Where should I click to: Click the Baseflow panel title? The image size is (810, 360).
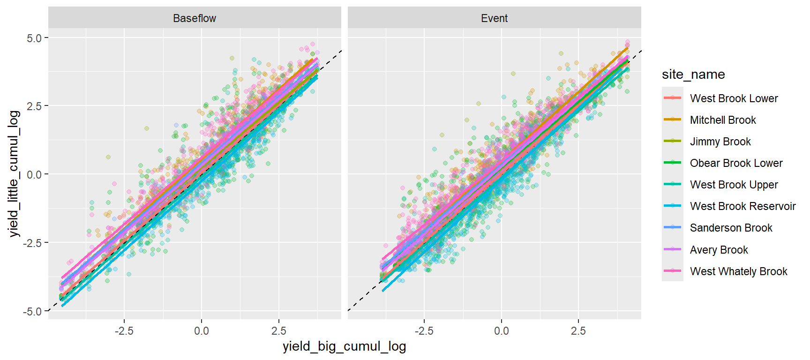(x=195, y=18)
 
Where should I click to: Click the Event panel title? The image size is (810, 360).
(x=494, y=18)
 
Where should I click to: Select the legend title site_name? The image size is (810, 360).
(x=693, y=75)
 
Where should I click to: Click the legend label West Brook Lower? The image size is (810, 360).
(x=734, y=98)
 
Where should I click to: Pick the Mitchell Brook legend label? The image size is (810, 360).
(x=723, y=120)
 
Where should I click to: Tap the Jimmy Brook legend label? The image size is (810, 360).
(x=720, y=142)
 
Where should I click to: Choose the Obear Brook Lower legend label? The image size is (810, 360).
(x=736, y=163)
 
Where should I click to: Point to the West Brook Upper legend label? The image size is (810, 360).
(x=734, y=185)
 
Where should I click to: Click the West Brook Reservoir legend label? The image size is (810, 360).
(x=742, y=206)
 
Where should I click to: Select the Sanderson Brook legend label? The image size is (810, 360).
(x=731, y=228)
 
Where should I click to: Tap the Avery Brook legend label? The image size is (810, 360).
(x=719, y=250)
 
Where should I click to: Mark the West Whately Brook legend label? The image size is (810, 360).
(x=738, y=271)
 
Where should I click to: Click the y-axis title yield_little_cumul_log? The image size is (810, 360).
(x=14, y=173)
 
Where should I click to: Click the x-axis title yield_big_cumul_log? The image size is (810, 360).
(x=344, y=346)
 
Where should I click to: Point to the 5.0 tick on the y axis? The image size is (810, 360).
(x=34, y=38)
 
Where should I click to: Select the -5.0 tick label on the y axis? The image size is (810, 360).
(x=32, y=311)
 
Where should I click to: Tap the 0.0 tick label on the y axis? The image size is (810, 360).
(x=34, y=174)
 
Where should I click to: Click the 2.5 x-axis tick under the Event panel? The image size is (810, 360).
(x=578, y=331)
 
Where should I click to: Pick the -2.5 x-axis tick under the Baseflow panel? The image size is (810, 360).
(x=124, y=331)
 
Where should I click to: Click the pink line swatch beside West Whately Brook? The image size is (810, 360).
(x=673, y=271)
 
